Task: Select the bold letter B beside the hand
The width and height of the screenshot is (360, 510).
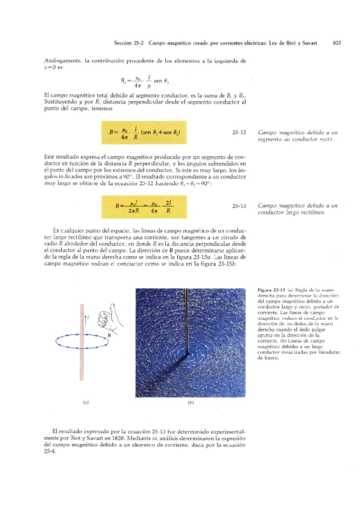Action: (x=109, y=334)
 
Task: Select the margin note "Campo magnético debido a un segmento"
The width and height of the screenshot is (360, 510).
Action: (x=291, y=135)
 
